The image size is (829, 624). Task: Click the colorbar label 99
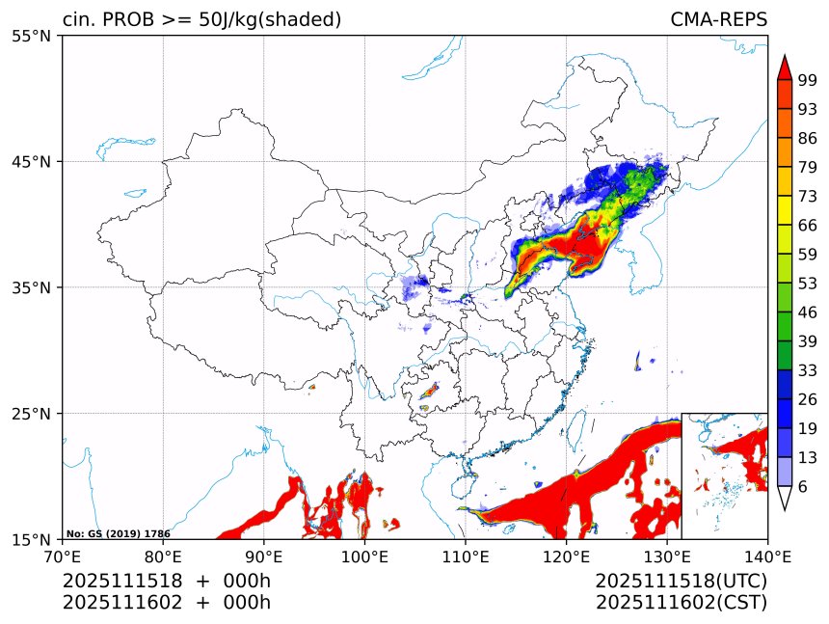click(x=808, y=80)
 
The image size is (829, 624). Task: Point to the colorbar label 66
click(x=808, y=225)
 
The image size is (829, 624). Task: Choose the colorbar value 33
click(x=808, y=370)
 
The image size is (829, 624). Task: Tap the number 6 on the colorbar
click(x=803, y=487)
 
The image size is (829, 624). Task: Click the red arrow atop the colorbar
click(x=784, y=67)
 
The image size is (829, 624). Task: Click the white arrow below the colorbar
click(x=784, y=498)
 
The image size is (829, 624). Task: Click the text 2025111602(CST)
click(x=681, y=603)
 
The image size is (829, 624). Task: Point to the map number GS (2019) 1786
click(x=119, y=533)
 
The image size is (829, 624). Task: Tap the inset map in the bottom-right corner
click(x=724, y=475)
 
